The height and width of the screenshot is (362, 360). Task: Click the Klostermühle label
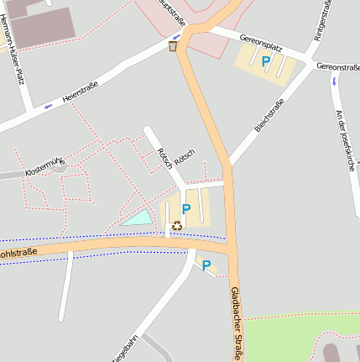45,167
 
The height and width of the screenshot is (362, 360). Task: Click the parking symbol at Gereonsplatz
266,61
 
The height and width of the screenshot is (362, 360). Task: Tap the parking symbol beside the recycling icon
186,209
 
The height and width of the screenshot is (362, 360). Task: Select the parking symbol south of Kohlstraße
206,266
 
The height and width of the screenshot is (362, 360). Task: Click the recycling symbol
177,224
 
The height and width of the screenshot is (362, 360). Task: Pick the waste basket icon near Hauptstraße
173,46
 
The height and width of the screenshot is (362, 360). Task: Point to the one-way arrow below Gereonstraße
335,81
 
